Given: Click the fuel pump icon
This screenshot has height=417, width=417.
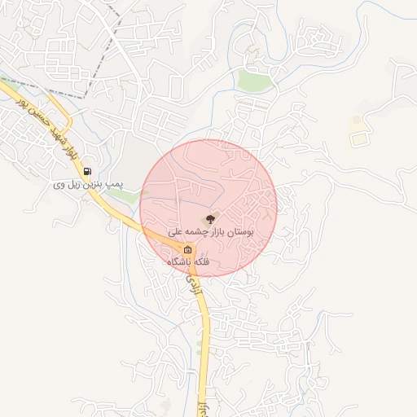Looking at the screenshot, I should [x=88, y=172].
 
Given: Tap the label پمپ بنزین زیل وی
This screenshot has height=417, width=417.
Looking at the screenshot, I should [x=88, y=186].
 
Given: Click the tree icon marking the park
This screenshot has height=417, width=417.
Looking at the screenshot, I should [x=210, y=218].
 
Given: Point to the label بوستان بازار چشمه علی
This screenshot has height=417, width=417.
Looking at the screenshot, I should [x=211, y=233].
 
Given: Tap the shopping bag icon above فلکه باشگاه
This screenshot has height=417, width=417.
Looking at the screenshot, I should [x=188, y=249].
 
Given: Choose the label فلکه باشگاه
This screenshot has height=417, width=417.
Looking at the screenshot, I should [x=188, y=262].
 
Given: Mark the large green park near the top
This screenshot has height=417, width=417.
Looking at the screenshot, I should [x=254, y=81].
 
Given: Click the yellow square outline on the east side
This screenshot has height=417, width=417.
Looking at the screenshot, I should [x=358, y=139].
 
